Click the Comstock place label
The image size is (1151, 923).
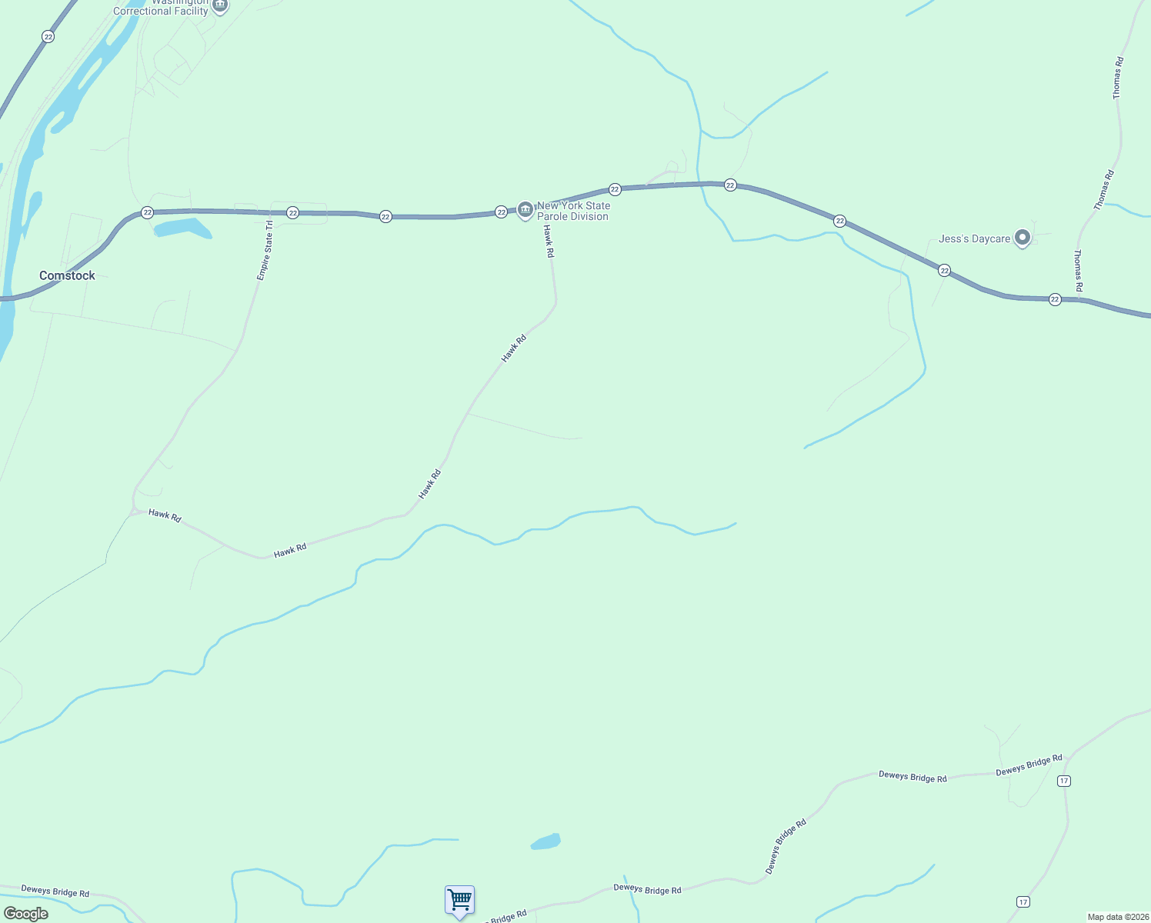tap(67, 275)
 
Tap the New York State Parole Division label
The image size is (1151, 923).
tap(573, 211)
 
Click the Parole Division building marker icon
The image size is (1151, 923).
tap(525, 209)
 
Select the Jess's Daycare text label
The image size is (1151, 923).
tap(974, 239)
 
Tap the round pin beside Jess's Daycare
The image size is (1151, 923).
tap(1023, 238)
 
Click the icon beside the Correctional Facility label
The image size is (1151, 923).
tap(220, 6)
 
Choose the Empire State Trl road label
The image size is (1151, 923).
tap(265, 251)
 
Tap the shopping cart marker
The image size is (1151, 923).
tap(459, 900)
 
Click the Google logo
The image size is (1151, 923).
tap(25, 914)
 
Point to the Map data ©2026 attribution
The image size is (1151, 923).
tap(1116, 917)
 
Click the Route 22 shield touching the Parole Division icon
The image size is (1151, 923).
tap(501, 212)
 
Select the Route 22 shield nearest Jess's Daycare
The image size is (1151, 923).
tap(944, 271)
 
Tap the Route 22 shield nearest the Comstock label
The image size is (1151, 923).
tap(147, 212)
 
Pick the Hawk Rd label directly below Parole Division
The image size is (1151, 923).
tap(548, 242)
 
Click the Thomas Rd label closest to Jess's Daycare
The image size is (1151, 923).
tap(1078, 270)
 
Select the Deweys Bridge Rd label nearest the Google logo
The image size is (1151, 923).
tap(55, 891)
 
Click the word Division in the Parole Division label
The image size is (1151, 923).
tap(584, 217)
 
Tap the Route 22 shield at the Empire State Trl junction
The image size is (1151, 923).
tap(292, 212)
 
